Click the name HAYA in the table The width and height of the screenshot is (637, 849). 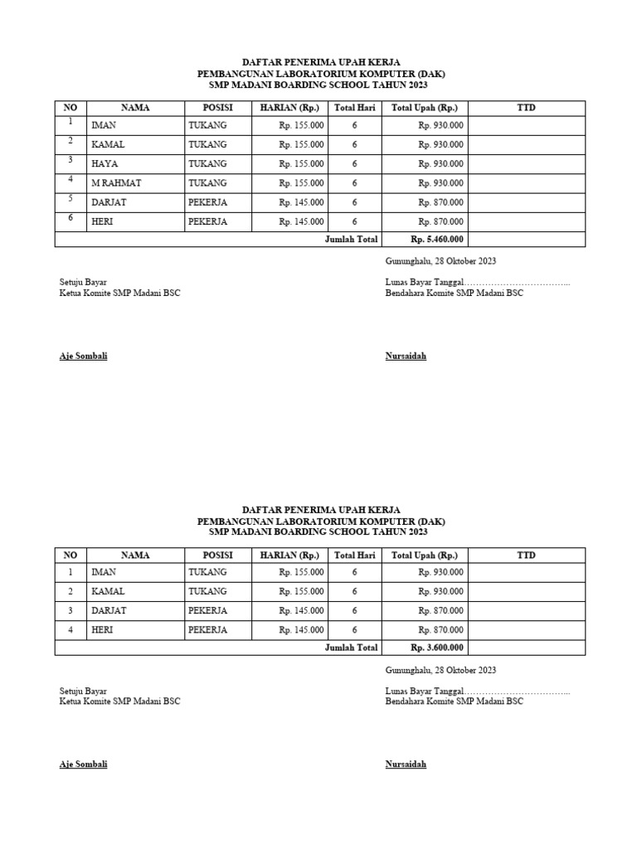click(x=105, y=164)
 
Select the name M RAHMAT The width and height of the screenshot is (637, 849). click(x=114, y=183)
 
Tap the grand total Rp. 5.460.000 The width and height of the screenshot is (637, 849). click(x=437, y=240)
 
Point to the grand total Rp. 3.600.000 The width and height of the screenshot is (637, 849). click(x=437, y=648)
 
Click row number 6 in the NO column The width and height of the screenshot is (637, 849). click(x=71, y=218)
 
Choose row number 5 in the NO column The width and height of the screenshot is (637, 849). click(x=71, y=199)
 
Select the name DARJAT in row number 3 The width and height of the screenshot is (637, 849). click(x=109, y=611)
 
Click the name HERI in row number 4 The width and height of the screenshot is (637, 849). click(x=104, y=630)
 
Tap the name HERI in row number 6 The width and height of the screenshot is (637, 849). click(x=104, y=222)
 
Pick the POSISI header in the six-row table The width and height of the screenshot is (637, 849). click(x=217, y=108)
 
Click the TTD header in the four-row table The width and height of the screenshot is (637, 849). click(x=526, y=555)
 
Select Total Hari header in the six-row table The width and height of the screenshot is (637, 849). click(x=354, y=108)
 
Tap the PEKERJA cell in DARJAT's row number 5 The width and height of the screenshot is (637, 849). click(x=207, y=202)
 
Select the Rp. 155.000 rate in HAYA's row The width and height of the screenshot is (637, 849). click(x=301, y=164)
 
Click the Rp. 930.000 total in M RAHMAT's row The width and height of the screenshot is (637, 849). click(x=440, y=183)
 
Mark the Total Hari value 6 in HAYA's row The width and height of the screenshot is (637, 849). click(x=354, y=164)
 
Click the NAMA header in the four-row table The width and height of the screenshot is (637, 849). click(x=135, y=555)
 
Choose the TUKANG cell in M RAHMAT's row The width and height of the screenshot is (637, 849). click(x=207, y=183)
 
